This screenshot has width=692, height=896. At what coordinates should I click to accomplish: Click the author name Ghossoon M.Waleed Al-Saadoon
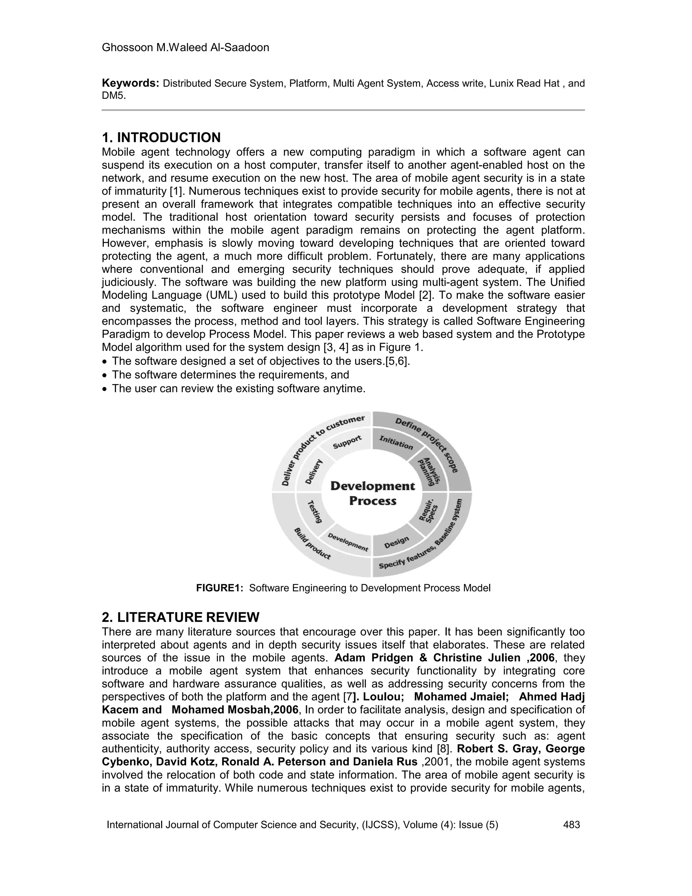185,48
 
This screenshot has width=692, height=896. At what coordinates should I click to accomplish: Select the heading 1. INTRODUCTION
161,137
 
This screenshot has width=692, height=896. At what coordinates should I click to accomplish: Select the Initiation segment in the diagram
396,442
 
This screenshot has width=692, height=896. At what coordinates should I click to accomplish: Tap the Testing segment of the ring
315,511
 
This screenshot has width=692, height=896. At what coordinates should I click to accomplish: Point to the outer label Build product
313,544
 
